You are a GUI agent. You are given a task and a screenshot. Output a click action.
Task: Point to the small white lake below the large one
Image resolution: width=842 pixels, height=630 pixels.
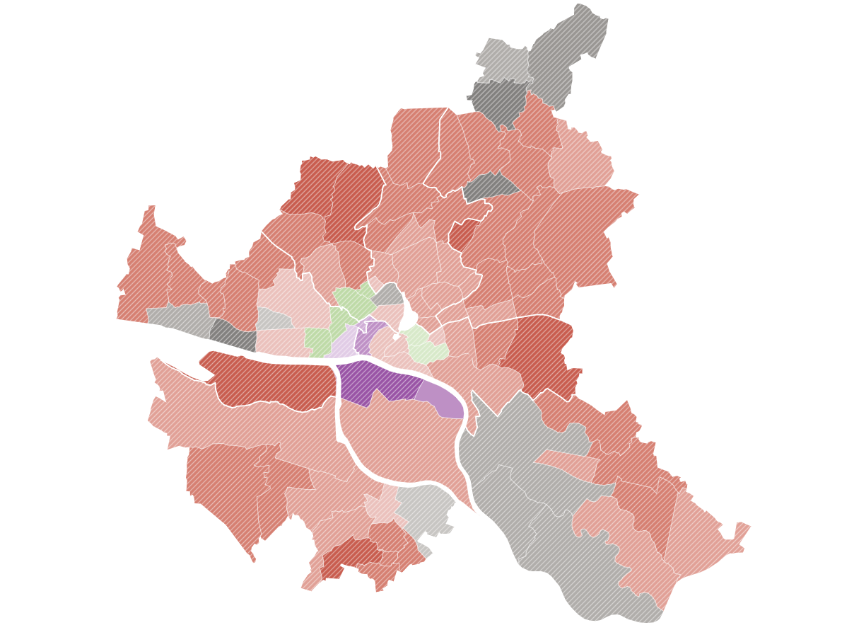(x=397, y=337)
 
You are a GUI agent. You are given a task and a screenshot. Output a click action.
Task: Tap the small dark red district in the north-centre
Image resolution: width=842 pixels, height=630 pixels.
(x=463, y=234)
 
